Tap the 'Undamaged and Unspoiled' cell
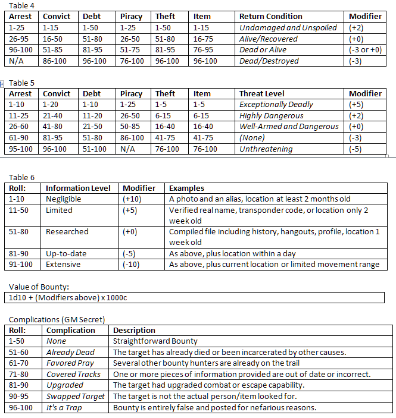point(288,27)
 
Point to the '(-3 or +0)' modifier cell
point(365,50)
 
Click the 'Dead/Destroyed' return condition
point(269,61)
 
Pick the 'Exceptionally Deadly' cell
point(276,104)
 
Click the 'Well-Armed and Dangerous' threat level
point(289,127)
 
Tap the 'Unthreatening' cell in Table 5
point(266,149)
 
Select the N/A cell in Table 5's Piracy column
point(127,149)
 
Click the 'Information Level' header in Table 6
point(78,188)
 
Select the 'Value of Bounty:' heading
point(39,287)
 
